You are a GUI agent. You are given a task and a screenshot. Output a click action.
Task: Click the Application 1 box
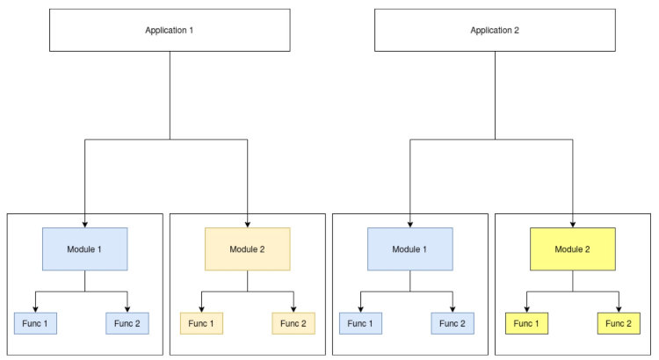pyautogui.click(x=169, y=30)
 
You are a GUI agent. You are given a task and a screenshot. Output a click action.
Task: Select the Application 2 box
pyautogui.click(x=494, y=30)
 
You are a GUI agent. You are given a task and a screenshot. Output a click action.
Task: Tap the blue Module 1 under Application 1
pyautogui.click(x=85, y=248)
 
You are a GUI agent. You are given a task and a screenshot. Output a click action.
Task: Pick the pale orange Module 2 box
pyautogui.click(x=247, y=248)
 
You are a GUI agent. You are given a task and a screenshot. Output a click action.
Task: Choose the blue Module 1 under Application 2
pyautogui.click(x=410, y=248)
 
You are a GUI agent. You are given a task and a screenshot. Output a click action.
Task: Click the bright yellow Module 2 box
pyautogui.click(x=572, y=248)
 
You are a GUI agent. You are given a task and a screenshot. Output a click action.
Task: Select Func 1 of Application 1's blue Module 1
pyautogui.click(x=36, y=323)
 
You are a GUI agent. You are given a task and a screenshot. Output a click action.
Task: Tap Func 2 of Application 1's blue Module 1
pyautogui.click(x=128, y=323)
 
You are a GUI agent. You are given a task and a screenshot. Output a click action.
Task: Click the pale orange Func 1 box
pyautogui.click(x=201, y=323)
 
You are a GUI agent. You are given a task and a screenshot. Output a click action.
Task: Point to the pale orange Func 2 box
pyautogui.click(x=293, y=323)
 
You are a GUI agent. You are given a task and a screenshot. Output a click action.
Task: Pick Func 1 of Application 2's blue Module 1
pyautogui.click(x=361, y=323)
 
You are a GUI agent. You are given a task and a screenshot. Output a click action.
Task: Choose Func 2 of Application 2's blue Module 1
pyautogui.click(x=453, y=323)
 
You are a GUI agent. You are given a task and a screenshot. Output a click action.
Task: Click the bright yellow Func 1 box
pyautogui.click(x=525, y=323)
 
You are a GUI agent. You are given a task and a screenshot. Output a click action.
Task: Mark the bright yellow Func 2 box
pyautogui.click(x=619, y=323)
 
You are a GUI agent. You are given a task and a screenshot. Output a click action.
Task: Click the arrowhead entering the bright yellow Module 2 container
pyautogui.click(x=572, y=223)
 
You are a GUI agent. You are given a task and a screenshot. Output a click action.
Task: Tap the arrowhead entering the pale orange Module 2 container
pyautogui.click(x=247, y=223)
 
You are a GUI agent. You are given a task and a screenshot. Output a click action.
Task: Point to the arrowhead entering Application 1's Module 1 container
pyautogui.click(x=85, y=223)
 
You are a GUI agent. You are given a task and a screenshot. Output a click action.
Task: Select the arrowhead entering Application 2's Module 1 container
pyautogui.click(x=410, y=223)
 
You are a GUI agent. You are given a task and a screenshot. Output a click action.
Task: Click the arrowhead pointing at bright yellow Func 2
pyautogui.click(x=619, y=308)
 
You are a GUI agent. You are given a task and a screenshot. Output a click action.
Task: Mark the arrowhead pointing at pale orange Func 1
pyautogui.click(x=201, y=308)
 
